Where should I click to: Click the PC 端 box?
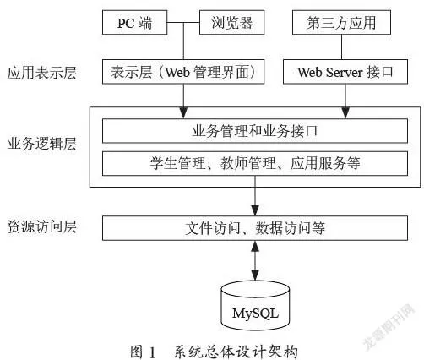(134, 23)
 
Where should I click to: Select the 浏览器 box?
(231, 23)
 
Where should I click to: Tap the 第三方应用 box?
(341, 23)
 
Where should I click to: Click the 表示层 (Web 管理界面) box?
(183, 72)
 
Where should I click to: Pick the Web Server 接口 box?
(345, 72)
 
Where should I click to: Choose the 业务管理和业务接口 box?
(255, 131)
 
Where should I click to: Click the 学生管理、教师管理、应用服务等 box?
(255, 163)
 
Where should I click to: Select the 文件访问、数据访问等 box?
(255, 228)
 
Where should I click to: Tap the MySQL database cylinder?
(255, 306)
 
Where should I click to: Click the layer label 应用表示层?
(42, 73)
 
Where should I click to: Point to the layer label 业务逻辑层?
(42, 144)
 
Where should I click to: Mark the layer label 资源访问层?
(42, 226)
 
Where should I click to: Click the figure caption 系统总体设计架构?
(236, 352)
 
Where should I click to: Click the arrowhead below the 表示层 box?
(183, 112)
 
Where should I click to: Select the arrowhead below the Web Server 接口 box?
(345, 112)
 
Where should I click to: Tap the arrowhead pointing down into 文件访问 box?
(255, 210)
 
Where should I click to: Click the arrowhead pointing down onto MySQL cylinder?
(255, 275)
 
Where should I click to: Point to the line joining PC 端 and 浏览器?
(183, 23)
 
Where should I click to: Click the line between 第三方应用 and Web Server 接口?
(342, 47)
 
